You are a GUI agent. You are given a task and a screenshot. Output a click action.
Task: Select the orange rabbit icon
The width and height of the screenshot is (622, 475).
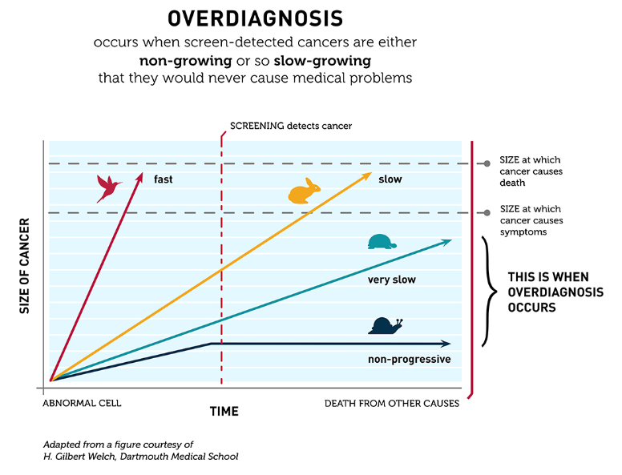[305, 192]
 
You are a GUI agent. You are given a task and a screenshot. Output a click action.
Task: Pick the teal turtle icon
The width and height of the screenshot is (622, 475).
[381, 241]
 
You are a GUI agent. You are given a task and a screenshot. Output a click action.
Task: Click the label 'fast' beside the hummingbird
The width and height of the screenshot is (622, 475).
[164, 179]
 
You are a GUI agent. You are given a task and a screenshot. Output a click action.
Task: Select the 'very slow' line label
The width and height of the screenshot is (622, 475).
[391, 280]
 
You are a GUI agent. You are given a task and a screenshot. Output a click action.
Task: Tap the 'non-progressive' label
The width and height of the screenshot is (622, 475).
[409, 360]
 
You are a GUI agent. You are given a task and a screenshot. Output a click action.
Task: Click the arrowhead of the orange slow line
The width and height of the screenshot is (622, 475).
[367, 175]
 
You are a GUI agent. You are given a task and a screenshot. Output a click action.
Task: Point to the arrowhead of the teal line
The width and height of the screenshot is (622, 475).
[446, 241]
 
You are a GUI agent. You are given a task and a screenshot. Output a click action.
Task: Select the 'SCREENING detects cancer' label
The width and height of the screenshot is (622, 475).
[291, 126]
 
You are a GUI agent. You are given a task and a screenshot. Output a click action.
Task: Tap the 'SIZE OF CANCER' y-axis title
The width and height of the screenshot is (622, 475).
[24, 265]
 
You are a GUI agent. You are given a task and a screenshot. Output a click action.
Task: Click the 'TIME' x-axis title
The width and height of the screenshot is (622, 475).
[224, 411]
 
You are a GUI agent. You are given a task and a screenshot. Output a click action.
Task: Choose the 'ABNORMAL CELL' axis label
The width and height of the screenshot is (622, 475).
[82, 404]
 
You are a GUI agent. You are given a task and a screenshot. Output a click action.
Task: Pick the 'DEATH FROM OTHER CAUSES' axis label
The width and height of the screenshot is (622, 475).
[391, 404]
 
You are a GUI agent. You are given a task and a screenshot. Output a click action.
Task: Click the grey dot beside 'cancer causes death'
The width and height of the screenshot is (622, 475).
[487, 164]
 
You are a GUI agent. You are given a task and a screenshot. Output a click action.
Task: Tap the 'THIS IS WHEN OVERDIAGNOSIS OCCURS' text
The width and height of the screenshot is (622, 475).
[555, 292]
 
